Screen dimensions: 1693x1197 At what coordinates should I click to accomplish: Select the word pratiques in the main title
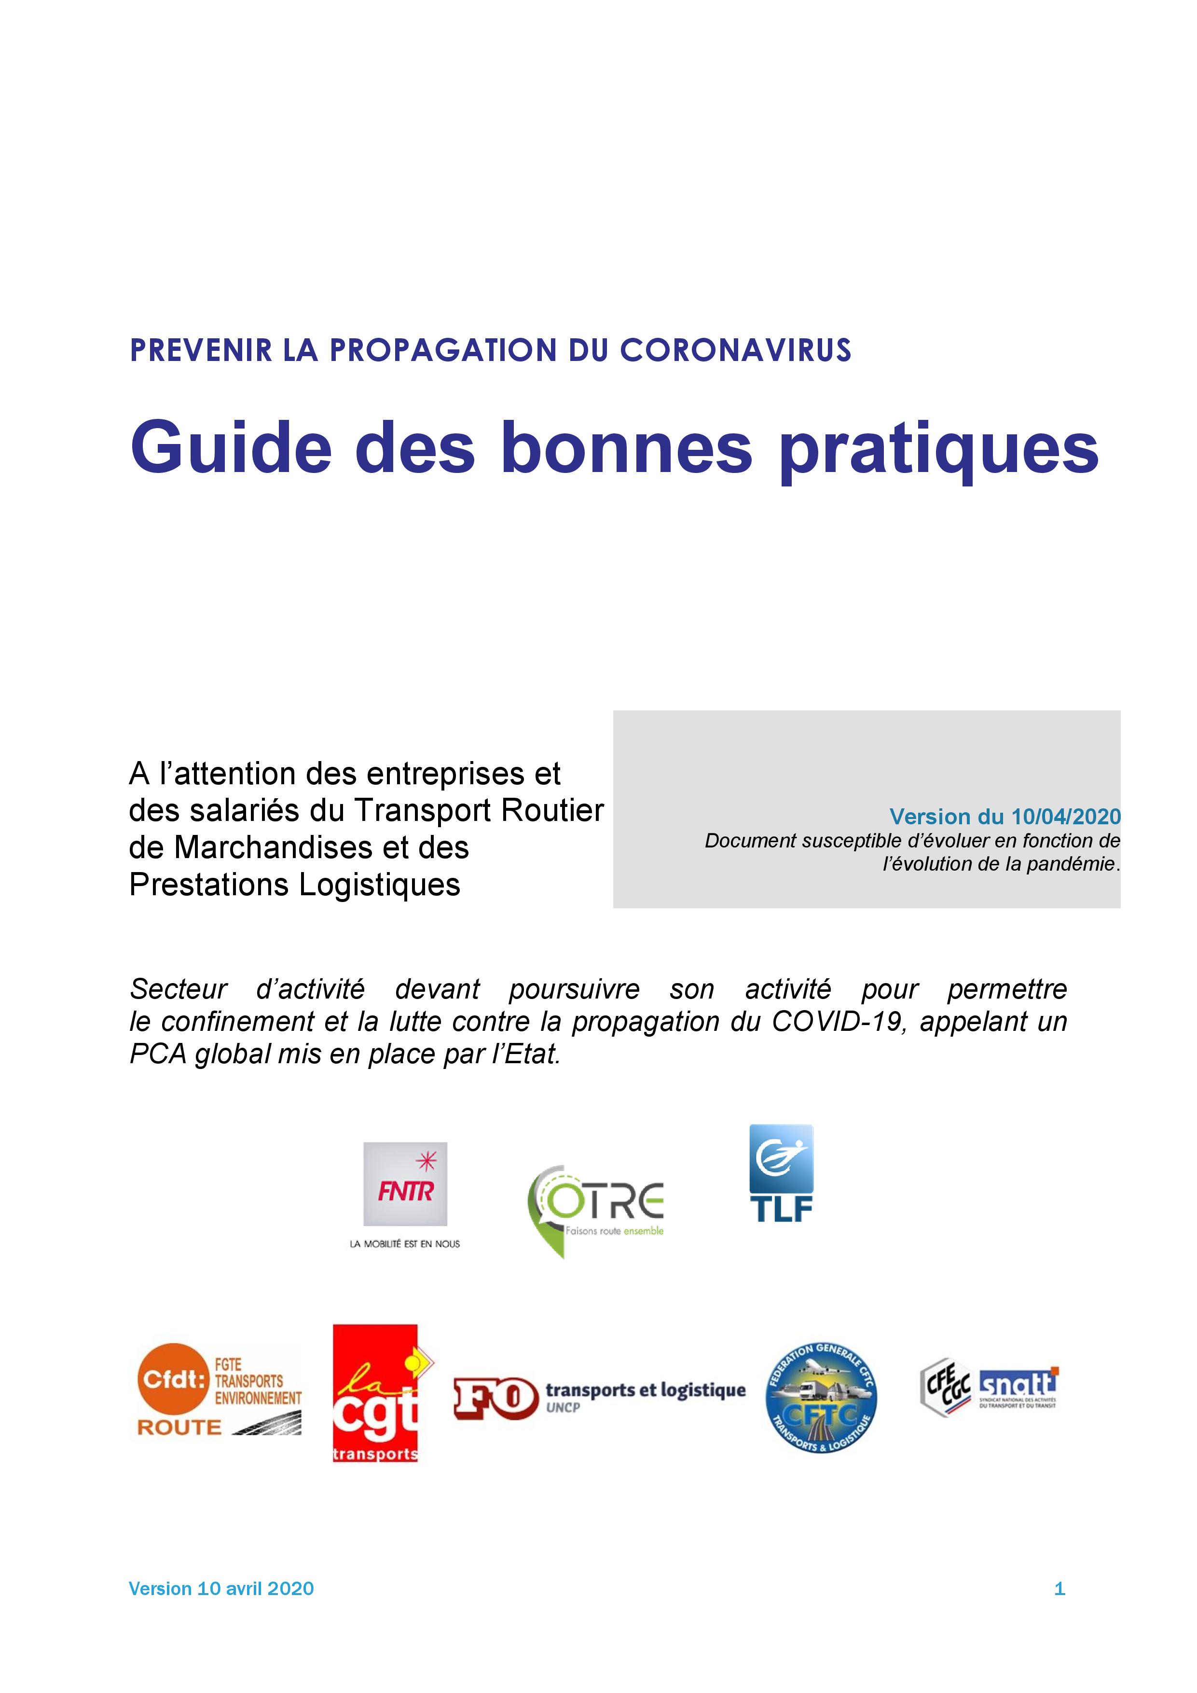coord(938,450)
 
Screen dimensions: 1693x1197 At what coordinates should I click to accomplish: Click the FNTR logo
coord(405,1183)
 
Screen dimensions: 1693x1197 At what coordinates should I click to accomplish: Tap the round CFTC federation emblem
coord(821,1397)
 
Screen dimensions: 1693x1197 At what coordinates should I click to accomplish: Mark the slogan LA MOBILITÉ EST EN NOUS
coord(405,1244)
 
